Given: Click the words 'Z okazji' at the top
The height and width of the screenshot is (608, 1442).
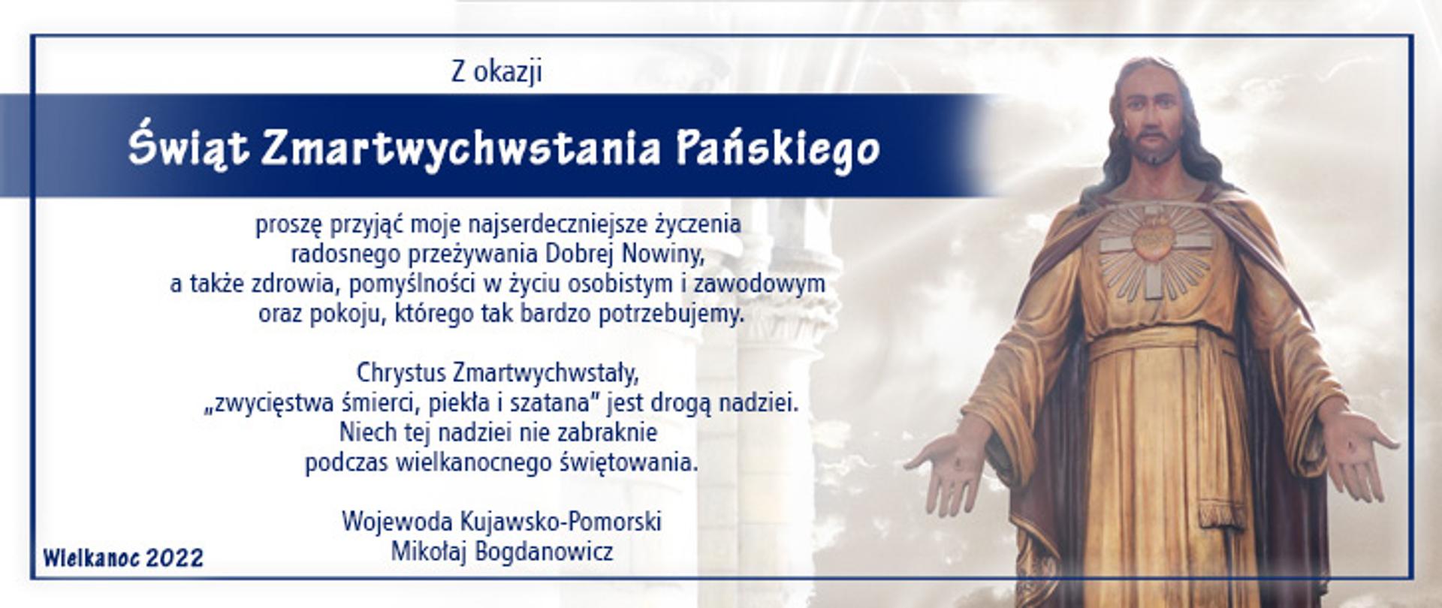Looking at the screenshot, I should click(496, 73).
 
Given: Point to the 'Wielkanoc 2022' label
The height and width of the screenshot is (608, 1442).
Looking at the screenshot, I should click(123, 558).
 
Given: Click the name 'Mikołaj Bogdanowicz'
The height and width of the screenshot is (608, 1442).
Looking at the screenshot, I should click(502, 552).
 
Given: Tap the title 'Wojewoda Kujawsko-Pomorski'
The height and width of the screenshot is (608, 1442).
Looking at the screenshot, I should click(502, 521).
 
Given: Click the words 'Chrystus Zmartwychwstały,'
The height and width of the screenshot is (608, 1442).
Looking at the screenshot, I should click(497, 372).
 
